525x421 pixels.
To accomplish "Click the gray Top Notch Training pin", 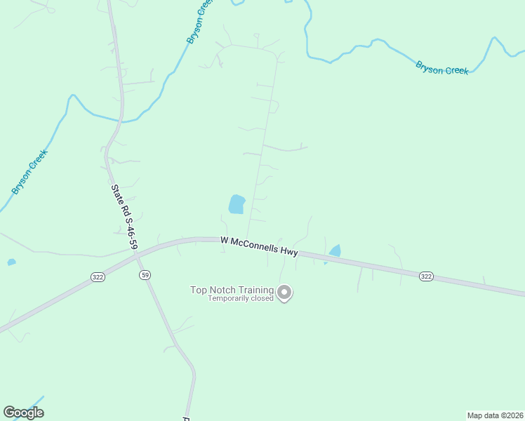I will [284, 292].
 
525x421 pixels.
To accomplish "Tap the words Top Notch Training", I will [232, 290].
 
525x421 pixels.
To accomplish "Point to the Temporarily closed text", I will [240, 299].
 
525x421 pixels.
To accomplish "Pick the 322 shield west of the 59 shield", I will [98, 277].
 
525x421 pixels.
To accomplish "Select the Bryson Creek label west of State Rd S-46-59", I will [29, 172].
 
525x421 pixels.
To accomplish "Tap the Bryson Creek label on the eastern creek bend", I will [442, 68].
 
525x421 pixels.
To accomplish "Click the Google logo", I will [24, 412].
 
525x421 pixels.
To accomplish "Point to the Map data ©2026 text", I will [495, 415].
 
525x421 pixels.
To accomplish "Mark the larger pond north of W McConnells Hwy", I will [237, 204].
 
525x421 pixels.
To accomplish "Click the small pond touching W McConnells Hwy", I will [335, 250].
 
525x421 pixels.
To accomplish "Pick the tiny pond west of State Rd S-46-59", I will [11, 262].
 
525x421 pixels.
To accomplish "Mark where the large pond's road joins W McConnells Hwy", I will [246, 239].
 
